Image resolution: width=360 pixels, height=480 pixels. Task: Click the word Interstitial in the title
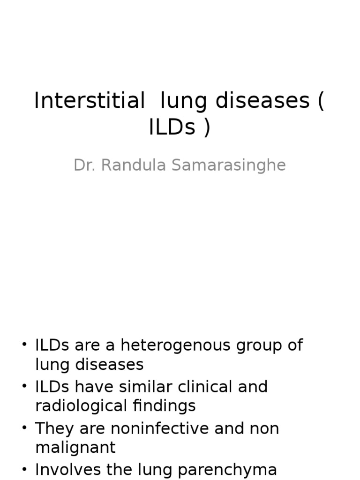(90, 101)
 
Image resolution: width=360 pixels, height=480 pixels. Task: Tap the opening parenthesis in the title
(321, 101)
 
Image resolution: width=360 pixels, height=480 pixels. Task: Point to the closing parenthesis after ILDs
(207, 127)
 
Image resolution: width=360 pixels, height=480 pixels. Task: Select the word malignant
(75, 447)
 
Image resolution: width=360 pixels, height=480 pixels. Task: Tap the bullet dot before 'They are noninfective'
(24, 428)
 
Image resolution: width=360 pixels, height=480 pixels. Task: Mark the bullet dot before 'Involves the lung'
(24, 470)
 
